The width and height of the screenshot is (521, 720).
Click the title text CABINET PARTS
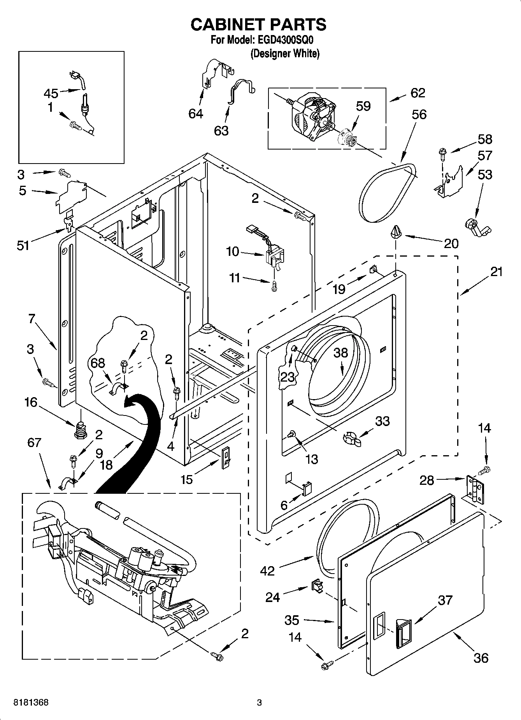[258, 25]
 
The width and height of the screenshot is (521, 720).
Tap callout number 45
[51, 93]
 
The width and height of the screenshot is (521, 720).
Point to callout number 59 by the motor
[363, 106]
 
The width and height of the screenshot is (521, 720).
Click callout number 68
[98, 363]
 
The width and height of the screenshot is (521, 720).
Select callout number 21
[496, 271]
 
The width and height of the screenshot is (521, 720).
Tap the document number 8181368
[31, 702]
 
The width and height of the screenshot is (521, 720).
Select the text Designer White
[285, 53]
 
